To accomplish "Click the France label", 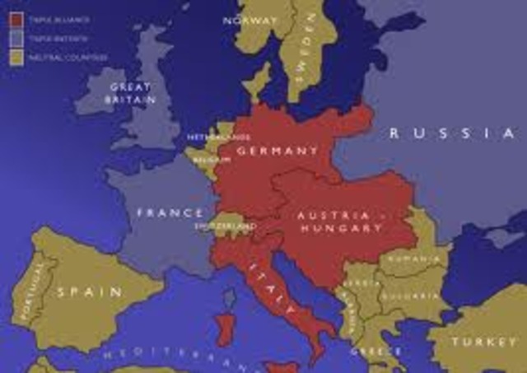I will tap(170, 213).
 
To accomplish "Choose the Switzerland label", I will tap(224, 225).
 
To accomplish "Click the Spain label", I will tap(89, 291).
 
